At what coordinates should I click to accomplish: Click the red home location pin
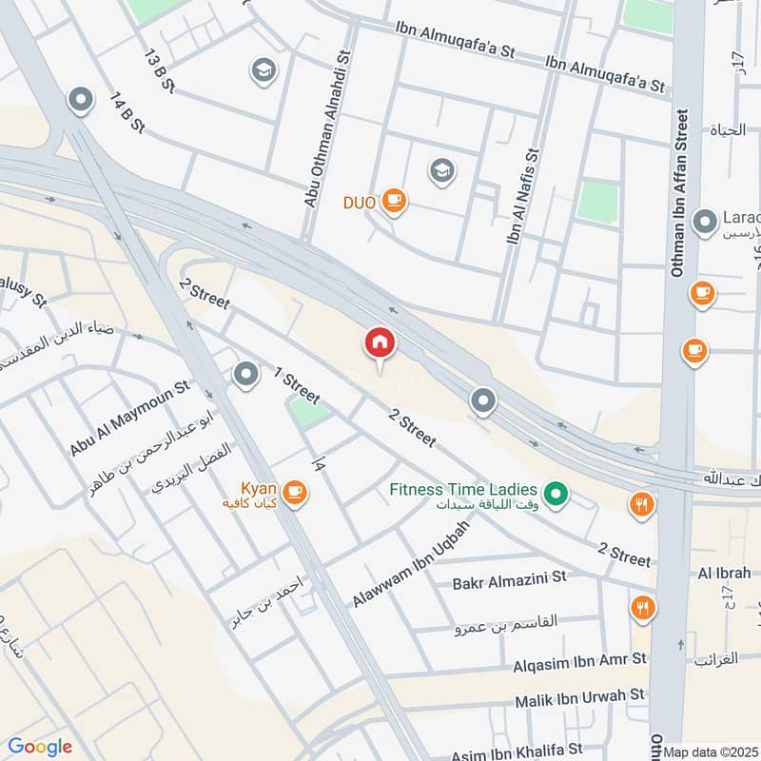pyautogui.click(x=380, y=343)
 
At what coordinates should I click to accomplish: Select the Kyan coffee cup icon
pyautogui.click(x=295, y=492)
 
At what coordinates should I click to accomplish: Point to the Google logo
pyautogui.click(x=39, y=747)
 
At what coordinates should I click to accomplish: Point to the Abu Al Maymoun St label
pyautogui.click(x=129, y=419)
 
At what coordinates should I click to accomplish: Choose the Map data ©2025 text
pyautogui.click(x=711, y=751)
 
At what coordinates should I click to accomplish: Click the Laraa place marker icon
pyautogui.click(x=705, y=223)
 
